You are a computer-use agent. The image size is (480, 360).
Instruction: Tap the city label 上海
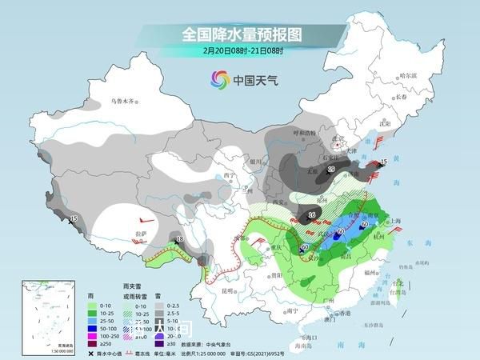(x=394, y=226)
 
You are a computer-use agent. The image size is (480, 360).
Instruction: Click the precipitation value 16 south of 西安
(x=311, y=214)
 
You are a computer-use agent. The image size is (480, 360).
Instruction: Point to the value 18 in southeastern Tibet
(x=179, y=239)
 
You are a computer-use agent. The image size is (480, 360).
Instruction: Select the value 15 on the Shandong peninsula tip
(x=384, y=162)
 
